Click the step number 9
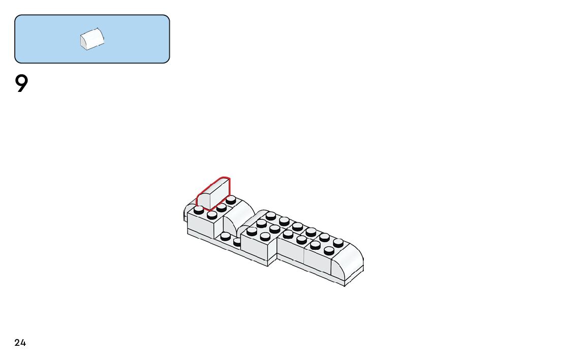[x=21, y=84]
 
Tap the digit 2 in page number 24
[x=17, y=343]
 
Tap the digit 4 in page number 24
[x=23, y=343]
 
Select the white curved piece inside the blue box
[x=92, y=39]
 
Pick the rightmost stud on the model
[x=338, y=243]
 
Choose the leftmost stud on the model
[x=199, y=209]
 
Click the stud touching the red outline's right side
[x=231, y=200]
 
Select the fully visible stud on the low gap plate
[x=226, y=236]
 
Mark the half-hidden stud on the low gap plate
[x=237, y=242]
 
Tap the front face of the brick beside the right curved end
[x=317, y=262]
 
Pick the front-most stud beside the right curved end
[x=329, y=250]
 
